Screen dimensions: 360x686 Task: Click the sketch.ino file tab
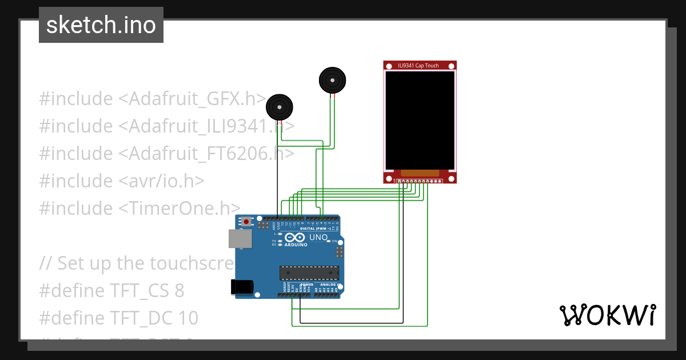(x=101, y=25)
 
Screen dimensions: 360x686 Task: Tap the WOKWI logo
(x=607, y=315)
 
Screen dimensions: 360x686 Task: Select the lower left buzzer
(x=279, y=107)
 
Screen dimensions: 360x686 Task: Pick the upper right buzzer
(x=332, y=80)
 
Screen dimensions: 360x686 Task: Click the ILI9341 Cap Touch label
(x=418, y=66)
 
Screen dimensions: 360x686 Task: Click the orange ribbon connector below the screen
(x=420, y=173)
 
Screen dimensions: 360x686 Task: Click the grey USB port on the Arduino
(x=240, y=239)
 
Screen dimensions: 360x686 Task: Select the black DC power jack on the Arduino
(x=241, y=286)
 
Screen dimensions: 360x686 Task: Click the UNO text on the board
(x=318, y=237)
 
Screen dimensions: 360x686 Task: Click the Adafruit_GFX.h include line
(x=152, y=98)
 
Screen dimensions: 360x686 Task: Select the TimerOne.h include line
(x=139, y=208)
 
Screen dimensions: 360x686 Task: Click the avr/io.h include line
(x=121, y=181)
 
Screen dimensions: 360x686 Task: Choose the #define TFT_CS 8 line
(x=111, y=290)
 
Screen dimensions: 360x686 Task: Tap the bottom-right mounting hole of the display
(x=452, y=179)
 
